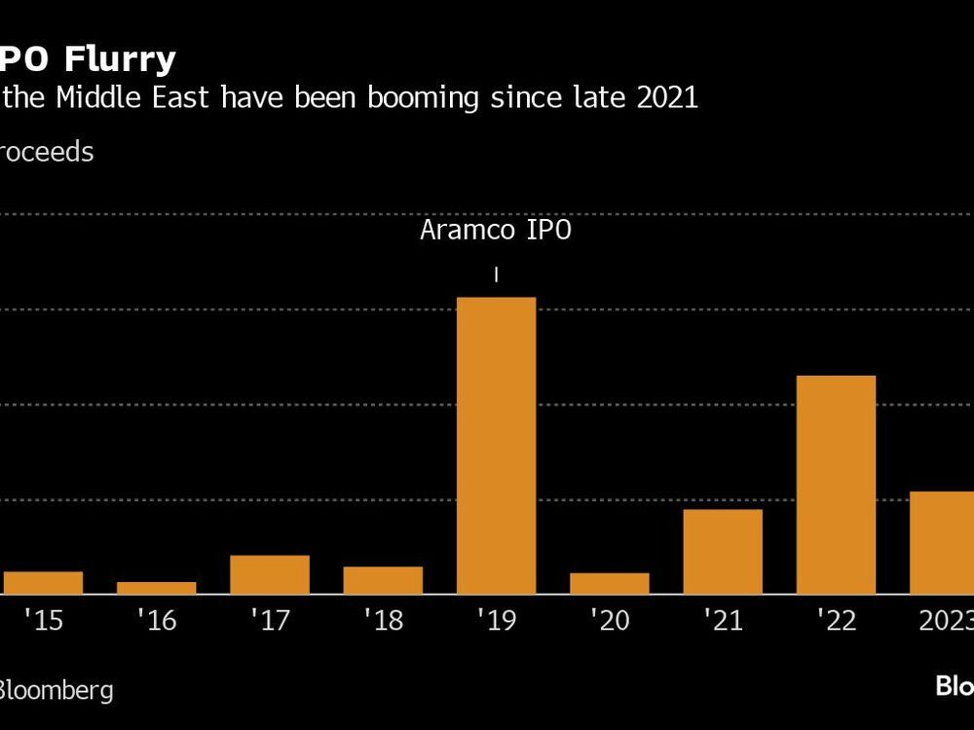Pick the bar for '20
coord(610,583)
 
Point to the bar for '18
coord(383,580)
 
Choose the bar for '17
coord(270,574)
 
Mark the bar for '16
coord(157,588)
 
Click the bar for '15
coord(43,582)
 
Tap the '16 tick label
coord(157,621)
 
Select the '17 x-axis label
coord(270,621)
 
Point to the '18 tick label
coord(383,621)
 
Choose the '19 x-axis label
coord(497,621)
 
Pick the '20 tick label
coord(610,621)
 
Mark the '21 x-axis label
coord(723,621)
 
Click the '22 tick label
coord(836,621)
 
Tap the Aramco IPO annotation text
coord(497,231)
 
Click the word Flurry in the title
coord(121,60)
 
